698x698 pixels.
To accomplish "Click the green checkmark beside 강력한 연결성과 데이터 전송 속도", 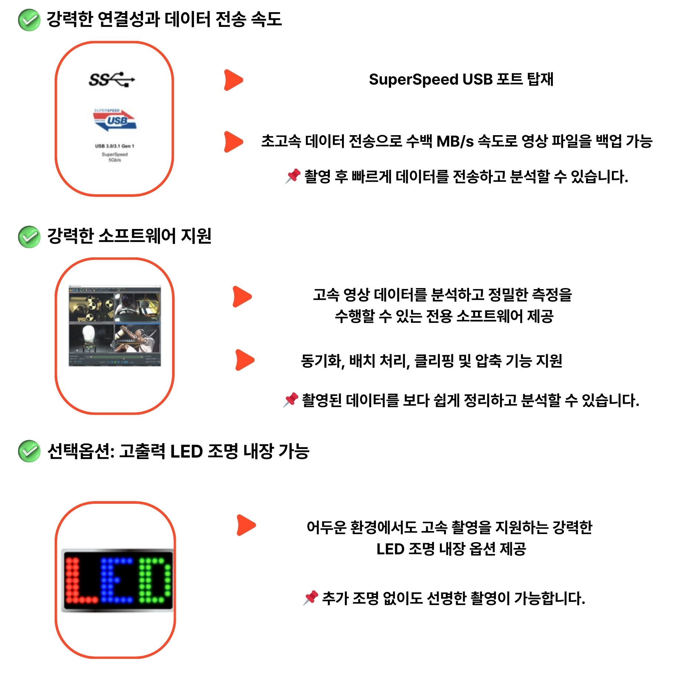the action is pos(29,20).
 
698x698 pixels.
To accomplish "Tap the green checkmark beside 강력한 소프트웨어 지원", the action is pos(29,237).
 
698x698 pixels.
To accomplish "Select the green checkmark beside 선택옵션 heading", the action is pos(29,451).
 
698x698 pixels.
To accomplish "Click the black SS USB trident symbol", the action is pos(112,79).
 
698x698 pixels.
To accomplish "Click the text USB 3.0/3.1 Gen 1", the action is pos(114,146).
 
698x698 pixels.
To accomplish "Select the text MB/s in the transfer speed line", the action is pos(455,141).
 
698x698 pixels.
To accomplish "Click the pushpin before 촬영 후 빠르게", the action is pos(293,176).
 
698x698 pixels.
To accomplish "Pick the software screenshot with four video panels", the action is pos(115,325).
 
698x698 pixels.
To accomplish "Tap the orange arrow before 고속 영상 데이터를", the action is pos(242,297).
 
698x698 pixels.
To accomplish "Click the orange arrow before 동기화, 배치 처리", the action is pos(245,360).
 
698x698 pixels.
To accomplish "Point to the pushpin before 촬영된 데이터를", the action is pos(291,400).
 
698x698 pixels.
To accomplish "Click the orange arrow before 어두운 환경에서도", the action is pos(246,525).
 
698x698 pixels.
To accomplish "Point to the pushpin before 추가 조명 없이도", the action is pos(311,598).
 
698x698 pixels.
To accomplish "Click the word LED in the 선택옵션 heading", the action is pos(187,451).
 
